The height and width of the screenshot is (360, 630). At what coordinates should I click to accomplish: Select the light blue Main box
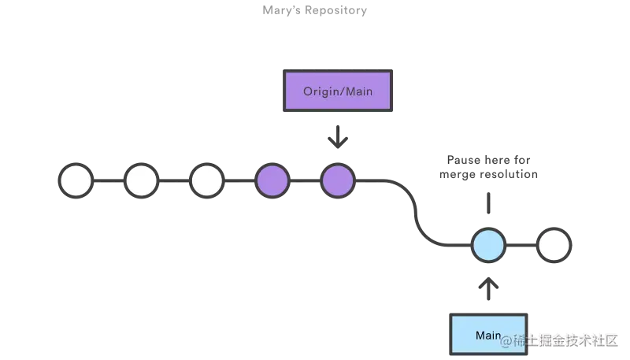[487, 334]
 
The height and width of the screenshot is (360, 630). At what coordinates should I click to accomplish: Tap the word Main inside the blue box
[487, 336]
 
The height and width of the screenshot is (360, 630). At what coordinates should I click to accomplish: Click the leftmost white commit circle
[76, 180]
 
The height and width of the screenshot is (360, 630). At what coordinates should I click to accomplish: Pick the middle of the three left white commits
[142, 180]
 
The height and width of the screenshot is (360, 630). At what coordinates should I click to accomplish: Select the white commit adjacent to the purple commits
[207, 180]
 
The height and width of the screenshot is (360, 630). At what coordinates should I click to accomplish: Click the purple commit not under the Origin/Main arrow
[272, 180]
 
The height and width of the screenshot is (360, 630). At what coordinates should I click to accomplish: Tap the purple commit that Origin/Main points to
[338, 180]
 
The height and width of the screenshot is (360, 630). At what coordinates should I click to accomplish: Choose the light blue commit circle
[488, 246]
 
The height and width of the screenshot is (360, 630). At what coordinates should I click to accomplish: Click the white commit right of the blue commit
[554, 246]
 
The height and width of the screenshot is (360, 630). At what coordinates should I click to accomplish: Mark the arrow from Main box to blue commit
[488, 287]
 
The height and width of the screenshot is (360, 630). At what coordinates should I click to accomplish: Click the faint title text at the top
[316, 11]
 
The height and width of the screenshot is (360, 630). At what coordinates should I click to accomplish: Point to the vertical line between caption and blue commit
[488, 204]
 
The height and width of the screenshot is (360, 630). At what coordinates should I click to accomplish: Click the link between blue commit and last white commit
[521, 246]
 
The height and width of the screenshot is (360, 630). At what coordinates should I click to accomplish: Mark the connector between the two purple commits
[306, 180]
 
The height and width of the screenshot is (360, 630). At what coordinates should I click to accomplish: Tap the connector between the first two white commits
[109, 180]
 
